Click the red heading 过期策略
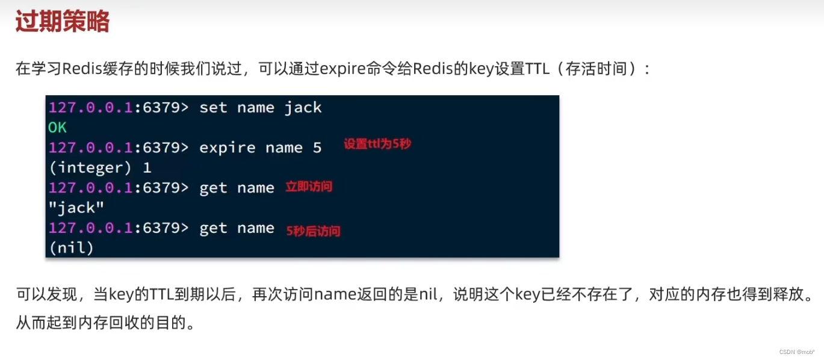point(63,21)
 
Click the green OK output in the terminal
point(57,128)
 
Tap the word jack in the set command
point(303,108)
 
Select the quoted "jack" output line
point(76,208)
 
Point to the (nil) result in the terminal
point(72,248)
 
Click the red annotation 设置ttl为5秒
point(377,144)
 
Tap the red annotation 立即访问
point(309,187)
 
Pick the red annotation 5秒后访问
point(314,231)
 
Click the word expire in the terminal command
point(228,148)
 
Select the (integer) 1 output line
point(100,168)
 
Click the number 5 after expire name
point(317,148)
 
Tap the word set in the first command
point(213,108)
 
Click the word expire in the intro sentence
point(343,69)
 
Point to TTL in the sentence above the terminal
point(537,69)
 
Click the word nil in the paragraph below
point(428,294)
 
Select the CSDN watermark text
point(797,352)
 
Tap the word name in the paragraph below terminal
point(335,294)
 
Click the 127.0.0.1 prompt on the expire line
point(90,148)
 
